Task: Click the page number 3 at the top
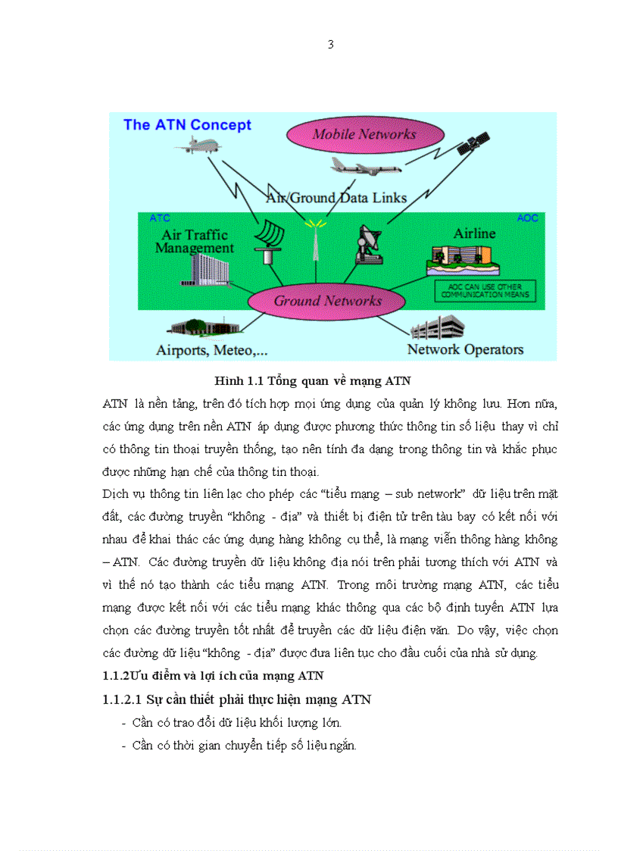click(x=330, y=44)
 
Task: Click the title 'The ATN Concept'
click(x=187, y=125)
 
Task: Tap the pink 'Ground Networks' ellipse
click(x=327, y=300)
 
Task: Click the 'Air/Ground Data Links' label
click(x=336, y=198)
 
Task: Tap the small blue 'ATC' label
click(x=160, y=218)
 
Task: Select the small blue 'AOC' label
click(x=527, y=218)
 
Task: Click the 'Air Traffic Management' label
click(x=195, y=241)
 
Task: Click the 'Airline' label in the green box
click(x=474, y=233)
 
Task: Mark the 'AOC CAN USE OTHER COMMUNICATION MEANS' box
click(x=485, y=291)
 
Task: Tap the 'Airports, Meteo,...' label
click(x=211, y=350)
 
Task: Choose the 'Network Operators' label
click(x=465, y=349)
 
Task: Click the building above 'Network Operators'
click(x=437, y=328)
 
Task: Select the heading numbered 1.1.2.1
click(x=236, y=699)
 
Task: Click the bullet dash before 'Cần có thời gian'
click(x=123, y=746)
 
